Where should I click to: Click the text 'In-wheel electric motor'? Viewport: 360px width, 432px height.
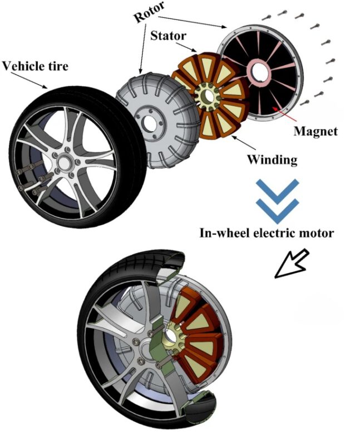pyautogui.click(x=267, y=233)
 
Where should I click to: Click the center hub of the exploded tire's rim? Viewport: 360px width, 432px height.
pyautogui.click(x=63, y=163)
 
